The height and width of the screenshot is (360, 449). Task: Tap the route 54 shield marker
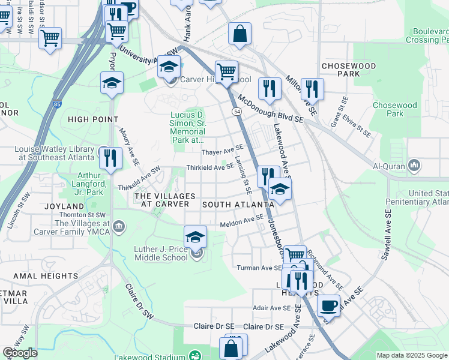point(237,112)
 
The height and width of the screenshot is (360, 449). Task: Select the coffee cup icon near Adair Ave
point(328,305)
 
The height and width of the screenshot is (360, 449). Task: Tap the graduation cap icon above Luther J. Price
point(195,238)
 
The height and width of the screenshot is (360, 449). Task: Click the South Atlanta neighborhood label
point(238,205)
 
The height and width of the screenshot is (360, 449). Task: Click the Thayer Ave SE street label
point(222,150)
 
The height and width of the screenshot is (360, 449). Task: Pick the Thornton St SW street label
point(83,215)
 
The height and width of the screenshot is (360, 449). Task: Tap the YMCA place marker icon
point(119,226)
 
